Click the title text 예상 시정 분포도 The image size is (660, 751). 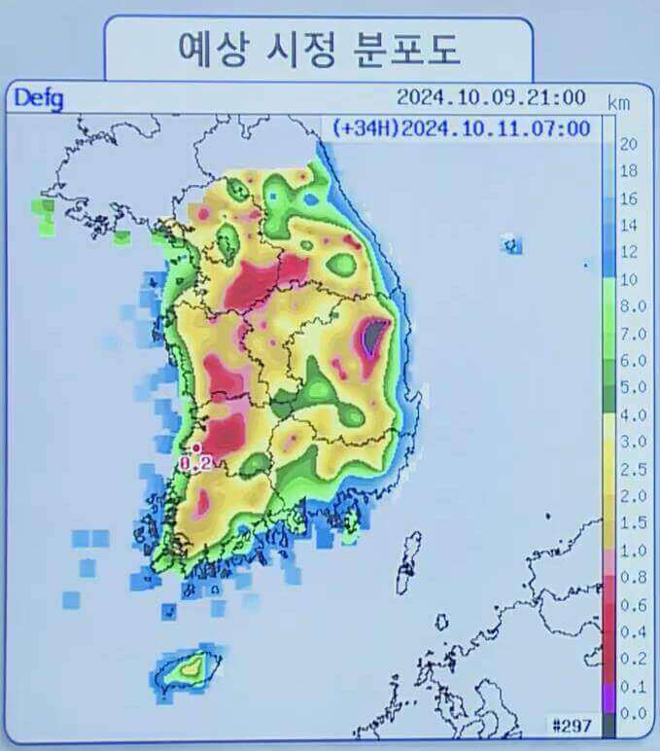click(x=318, y=47)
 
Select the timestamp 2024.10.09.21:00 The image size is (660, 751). click(x=490, y=97)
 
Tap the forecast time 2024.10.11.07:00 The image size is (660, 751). click(x=495, y=127)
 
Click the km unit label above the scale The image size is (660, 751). click(x=619, y=102)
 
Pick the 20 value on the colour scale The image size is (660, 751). click(x=628, y=145)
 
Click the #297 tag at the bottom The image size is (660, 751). click(x=571, y=726)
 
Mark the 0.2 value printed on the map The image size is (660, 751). click(x=197, y=465)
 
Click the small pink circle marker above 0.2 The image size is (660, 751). click(x=195, y=448)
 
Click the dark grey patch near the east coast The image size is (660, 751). click(x=372, y=335)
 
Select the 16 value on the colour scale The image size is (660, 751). click(x=628, y=198)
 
